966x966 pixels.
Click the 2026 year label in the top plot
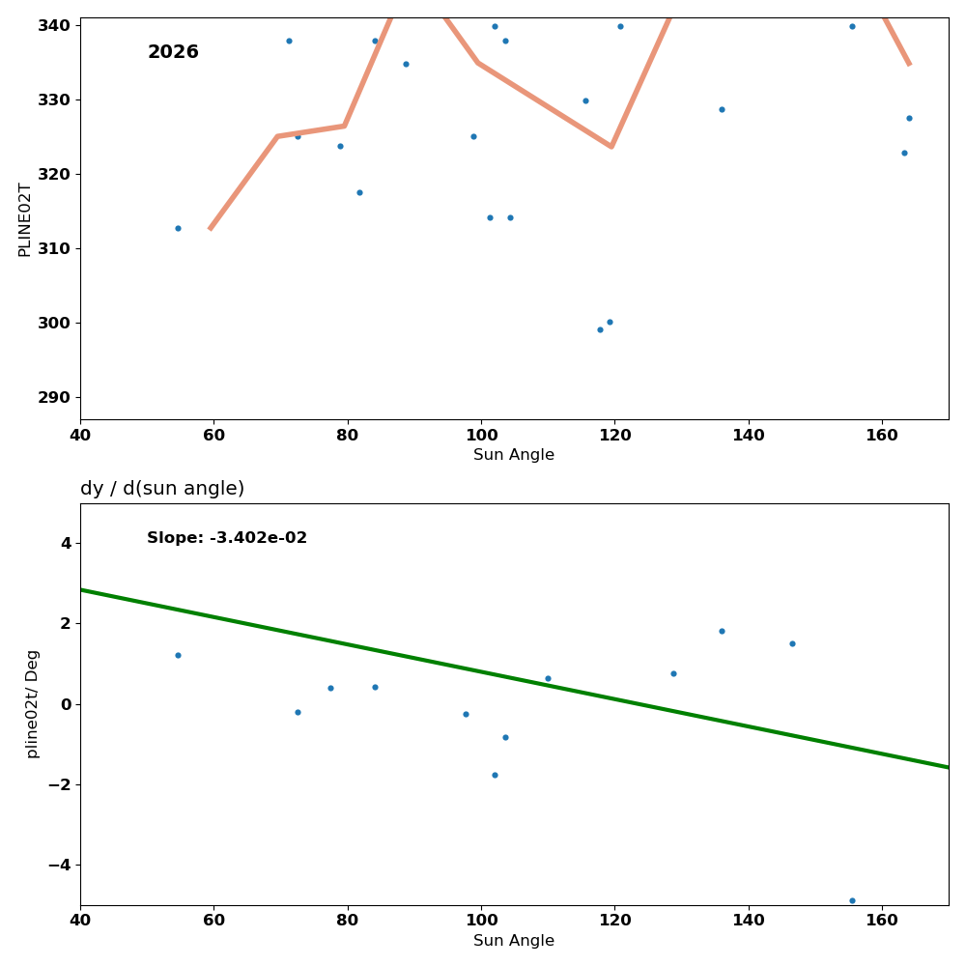tap(173, 52)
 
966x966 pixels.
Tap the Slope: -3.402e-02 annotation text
tap(227, 538)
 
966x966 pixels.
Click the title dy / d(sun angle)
tap(162, 489)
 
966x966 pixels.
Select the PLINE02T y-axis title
tap(25, 219)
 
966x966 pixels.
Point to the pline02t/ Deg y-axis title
tap(33, 703)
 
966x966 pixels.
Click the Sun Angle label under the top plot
tap(514, 455)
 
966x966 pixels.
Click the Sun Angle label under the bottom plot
tap(514, 941)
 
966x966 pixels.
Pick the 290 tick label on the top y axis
tap(54, 397)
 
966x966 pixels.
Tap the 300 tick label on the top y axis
tap(54, 323)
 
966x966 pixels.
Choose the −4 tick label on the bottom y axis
tap(59, 865)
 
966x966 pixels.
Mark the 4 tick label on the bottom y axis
tap(66, 543)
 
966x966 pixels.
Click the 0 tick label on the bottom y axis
tap(66, 704)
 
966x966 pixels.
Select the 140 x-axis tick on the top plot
tap(749, 435)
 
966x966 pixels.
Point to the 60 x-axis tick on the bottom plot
tap(213, 921)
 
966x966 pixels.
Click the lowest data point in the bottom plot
tap(852, 900)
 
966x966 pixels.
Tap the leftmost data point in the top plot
tap(178, 228)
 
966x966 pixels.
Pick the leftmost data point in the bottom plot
tap(178, 655)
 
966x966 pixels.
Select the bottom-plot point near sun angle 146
tap(792, 643)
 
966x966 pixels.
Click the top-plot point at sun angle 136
tap(722, 109)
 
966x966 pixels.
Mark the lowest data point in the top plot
tap(600, 329)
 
